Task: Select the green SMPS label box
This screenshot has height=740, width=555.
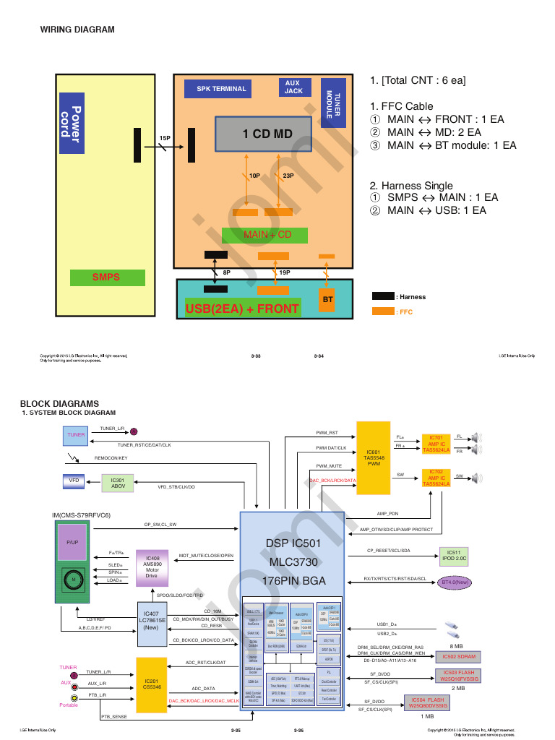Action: (x=107, y=277)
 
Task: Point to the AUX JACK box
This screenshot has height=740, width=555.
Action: (x=293, y=87)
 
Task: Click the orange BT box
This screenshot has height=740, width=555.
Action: (x=327, y=298)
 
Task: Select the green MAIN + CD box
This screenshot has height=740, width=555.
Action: (x=264, y=235)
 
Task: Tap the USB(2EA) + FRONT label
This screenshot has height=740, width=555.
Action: (x=242, y=309)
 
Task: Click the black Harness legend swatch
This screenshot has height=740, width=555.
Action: (x=383, y=296)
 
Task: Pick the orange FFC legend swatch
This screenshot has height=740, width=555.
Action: (x=383, y=311)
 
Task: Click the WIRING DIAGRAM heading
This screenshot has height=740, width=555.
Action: (x=77, y=30)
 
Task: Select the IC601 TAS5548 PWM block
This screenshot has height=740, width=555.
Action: (x=374, y=458)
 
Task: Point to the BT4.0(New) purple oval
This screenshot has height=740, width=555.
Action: (x=456, y=581)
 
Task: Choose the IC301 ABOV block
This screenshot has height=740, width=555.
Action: (x=117, y=482)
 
